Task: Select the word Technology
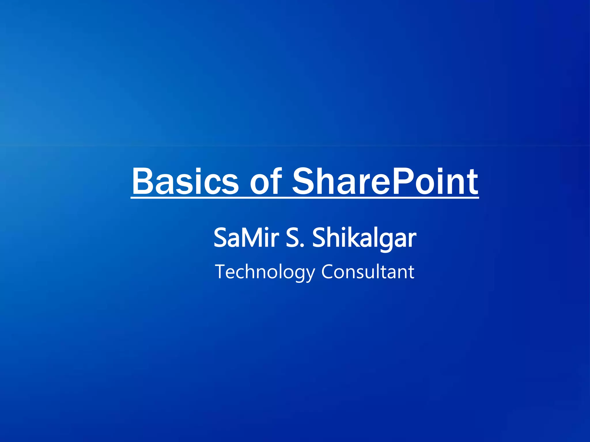(265, 272)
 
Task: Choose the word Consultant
(368, 272)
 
